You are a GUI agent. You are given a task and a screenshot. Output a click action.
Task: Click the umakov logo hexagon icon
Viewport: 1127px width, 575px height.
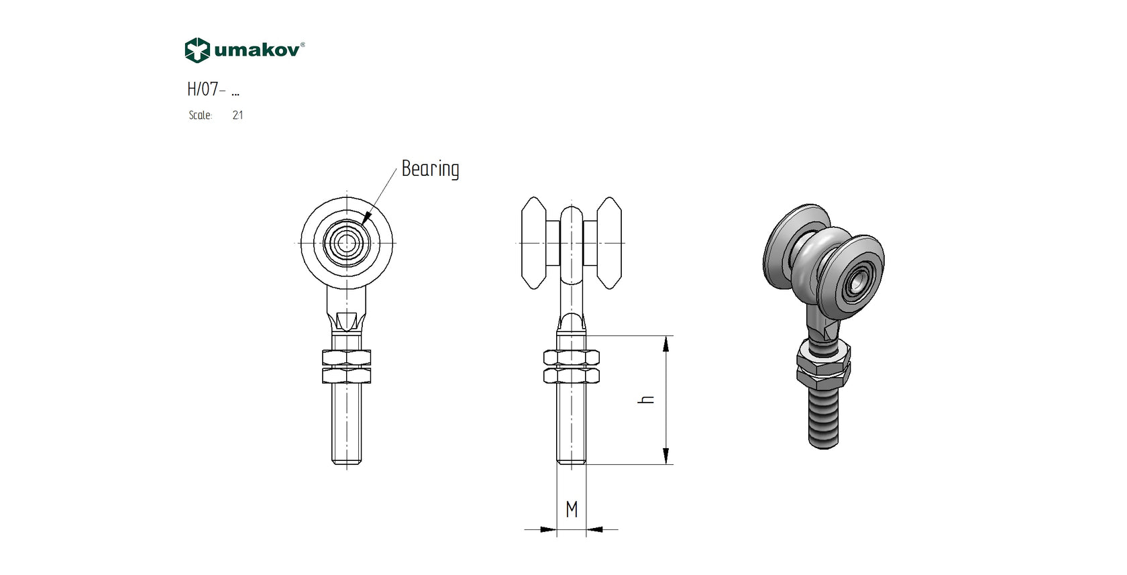point(197,50)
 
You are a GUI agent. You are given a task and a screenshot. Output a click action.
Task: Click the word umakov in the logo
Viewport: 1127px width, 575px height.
point(258,50)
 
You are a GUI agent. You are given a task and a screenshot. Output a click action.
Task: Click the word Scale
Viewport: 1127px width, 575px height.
point(200,115)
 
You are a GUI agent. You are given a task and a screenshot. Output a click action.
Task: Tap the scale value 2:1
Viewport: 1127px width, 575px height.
point(237,115)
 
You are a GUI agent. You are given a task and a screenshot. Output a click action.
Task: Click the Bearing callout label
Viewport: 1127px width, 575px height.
point(430,168)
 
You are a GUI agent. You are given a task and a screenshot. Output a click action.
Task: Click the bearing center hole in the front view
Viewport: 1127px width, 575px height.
point(347,242)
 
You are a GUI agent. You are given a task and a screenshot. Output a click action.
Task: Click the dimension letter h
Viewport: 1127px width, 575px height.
point(647,399)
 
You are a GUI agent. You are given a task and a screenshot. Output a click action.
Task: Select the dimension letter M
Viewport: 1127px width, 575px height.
point(572,510)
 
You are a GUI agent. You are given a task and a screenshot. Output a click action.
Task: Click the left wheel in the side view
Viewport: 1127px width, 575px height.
point(534,242)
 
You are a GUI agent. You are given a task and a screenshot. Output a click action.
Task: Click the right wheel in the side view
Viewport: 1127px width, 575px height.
point(609,242)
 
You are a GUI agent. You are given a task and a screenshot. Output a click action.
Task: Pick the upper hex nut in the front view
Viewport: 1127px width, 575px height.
point(347,358)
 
